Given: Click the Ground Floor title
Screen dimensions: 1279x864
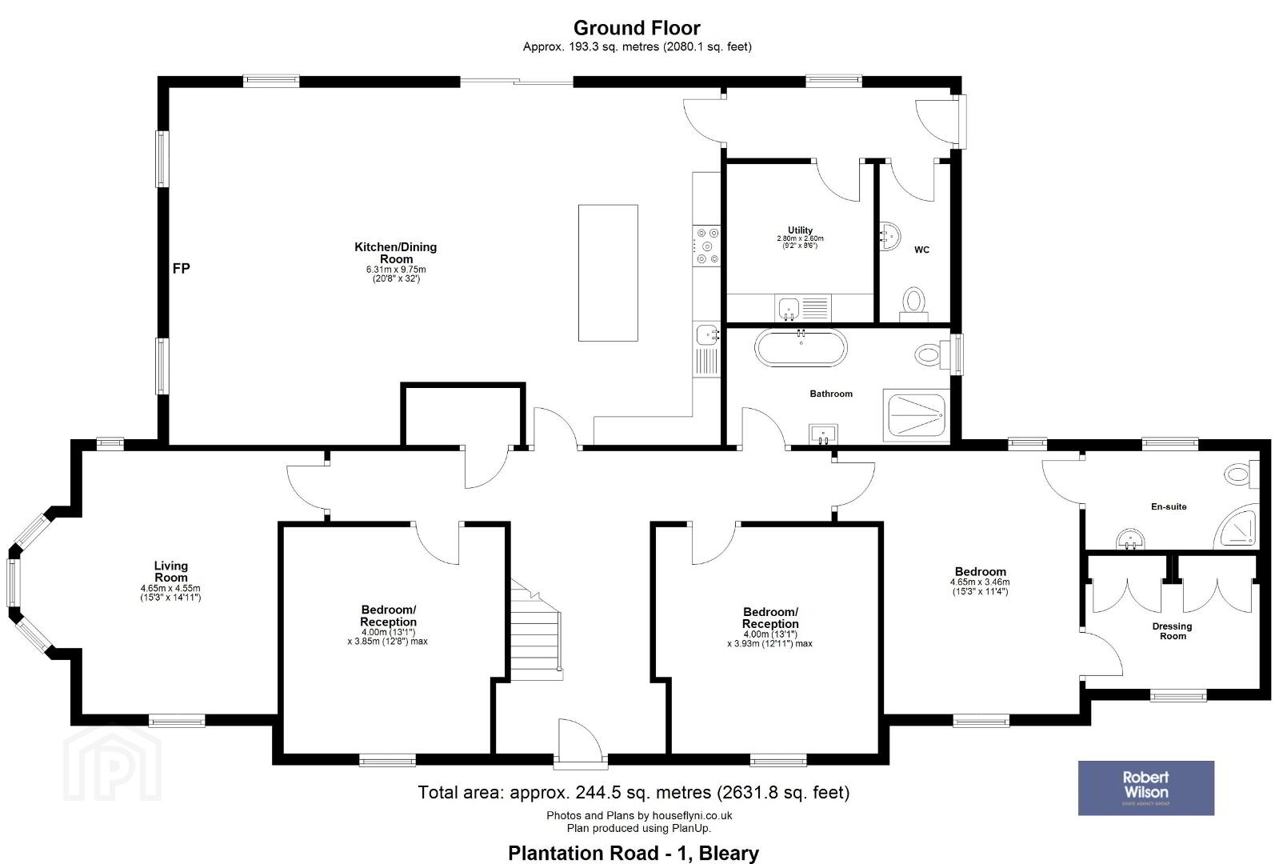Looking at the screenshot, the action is click(637, 27).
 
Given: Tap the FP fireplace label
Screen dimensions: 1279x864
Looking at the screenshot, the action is click(181, 268).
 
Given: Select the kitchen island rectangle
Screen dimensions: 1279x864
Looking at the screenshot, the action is click(608, 273).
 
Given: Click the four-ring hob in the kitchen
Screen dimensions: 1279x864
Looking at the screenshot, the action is click(706, 246).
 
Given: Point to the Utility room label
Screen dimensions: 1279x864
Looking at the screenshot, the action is click(800, 230).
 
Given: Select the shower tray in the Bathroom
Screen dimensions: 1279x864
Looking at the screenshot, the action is click(917, 415).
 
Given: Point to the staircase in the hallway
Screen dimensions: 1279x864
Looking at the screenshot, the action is click(536, 631).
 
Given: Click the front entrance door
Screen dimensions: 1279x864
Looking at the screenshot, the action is click(581, 739).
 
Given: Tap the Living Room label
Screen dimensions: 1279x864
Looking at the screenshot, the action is click(170, 571).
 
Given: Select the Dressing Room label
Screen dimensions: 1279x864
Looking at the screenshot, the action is click(1173, 631).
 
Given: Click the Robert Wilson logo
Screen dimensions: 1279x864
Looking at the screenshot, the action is click(1145, 787).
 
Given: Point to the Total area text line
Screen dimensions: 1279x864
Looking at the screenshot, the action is click(634, 793).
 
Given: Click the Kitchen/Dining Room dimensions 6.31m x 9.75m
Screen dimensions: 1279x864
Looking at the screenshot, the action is click(396, 270).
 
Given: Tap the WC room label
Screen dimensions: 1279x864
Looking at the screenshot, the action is click(921, 250).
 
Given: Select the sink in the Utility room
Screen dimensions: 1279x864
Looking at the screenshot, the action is click(788, 308).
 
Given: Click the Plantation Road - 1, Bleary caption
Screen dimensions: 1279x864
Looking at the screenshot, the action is click(634, 853).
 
